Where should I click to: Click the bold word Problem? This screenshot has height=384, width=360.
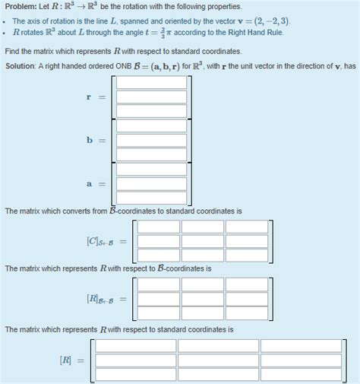click(x=21, y=7)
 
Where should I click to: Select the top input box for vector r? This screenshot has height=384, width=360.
click(x=151, y=83)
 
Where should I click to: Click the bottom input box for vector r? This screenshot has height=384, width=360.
click(x=151, y=111)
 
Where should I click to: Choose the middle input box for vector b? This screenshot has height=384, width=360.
click(x=151, y=140)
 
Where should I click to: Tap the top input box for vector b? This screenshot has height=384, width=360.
click(x=151, y=126)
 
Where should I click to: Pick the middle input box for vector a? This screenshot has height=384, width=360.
click(x=151, y=183)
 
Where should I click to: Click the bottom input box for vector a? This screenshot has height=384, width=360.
click(x=151, y=197)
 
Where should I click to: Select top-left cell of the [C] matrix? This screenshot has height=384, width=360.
click(x=158, y=227)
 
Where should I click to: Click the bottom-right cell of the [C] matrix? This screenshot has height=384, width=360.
click(x=247, y=255)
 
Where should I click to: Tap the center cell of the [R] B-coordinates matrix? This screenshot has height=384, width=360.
click(x=202, y=298)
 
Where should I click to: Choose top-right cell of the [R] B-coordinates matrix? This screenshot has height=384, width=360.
click(x=247, y=284)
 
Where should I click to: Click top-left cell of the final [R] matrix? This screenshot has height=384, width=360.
click(x=134, y=346)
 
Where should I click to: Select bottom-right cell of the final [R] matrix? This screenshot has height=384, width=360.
click(x=301, y=374)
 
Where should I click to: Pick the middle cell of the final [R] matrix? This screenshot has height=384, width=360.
click(x=217, y=360)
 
